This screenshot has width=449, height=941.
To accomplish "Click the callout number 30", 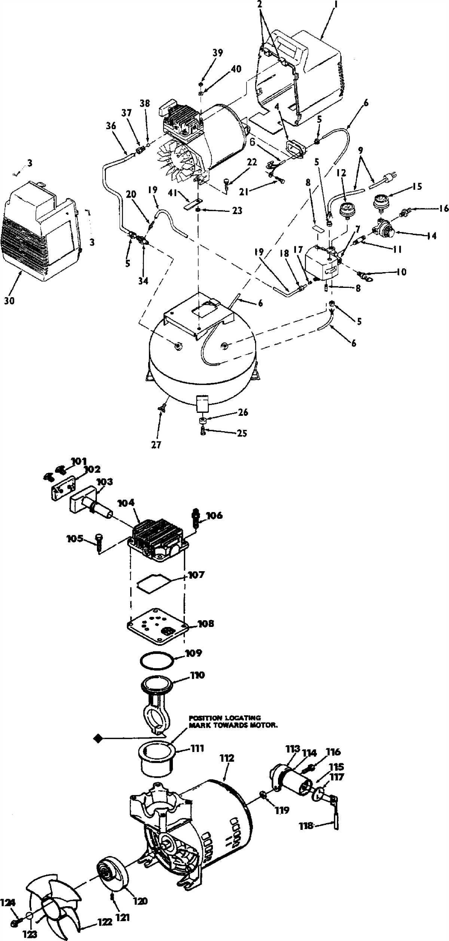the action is (x=9, y=300).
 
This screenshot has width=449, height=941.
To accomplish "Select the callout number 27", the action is (x=156, y=445).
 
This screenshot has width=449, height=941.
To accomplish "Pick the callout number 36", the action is (x=111, y=126).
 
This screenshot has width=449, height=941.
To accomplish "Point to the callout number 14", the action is (x=431, y=236).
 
